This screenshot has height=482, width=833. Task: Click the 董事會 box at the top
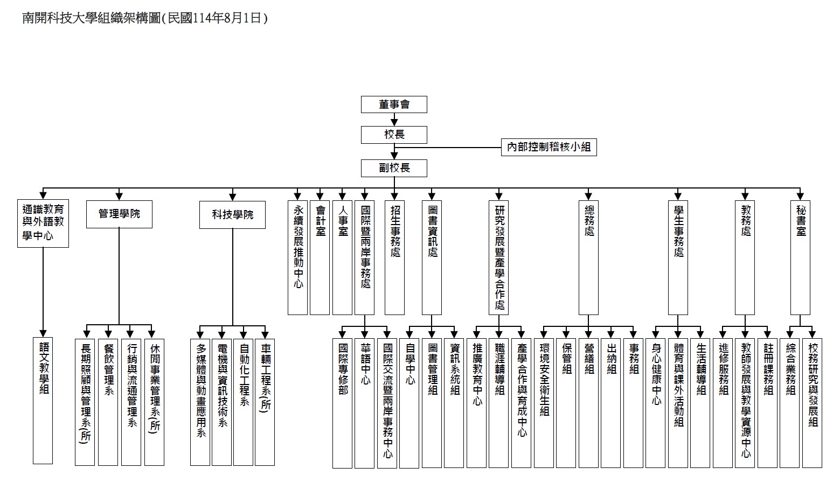click(x=394, y=104)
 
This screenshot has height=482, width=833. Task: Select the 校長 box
click(x=394, y=135)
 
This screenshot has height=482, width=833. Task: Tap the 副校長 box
click(x=394, y=168)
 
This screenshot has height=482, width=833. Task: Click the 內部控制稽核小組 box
click(x=549, y=146)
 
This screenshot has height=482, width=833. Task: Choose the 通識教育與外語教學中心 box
click(x=43, y=223)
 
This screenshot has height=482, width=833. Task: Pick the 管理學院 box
click(x=119, y=214)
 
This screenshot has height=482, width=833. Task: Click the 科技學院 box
click(x=232, y=215)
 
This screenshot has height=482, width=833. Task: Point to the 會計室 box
click(x=320, y=257)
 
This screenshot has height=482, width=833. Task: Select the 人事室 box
click(x=342, y=257)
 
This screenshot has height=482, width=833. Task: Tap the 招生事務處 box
click(x=395, y=257)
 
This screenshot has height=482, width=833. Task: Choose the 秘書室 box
click(x=801, y=257)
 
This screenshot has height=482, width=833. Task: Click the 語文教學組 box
click(x=43, y=401)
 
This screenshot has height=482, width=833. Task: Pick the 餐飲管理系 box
click(x=108, y=402)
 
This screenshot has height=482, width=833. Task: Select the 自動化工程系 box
click(x=244, y=402)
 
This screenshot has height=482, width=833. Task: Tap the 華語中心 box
click(x=365, y=403)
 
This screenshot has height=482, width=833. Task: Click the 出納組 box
click(x=611, y=402)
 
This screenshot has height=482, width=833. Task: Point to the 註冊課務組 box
click(x=768, y=402)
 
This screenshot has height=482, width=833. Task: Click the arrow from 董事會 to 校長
click(x=394, y=120)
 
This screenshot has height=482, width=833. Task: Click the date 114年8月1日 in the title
click(x=227, y=18)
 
